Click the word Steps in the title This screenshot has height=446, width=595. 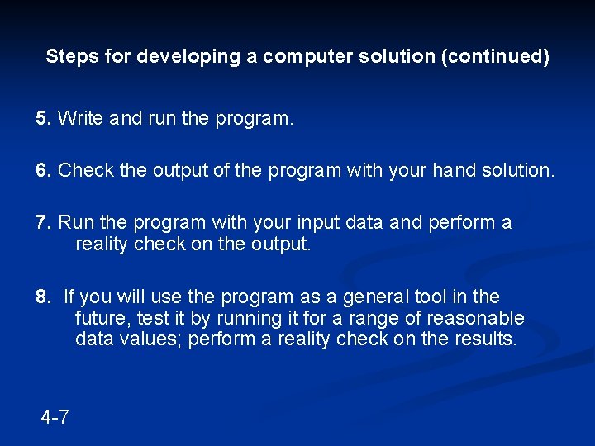pyautogui.click(x=68, y=57)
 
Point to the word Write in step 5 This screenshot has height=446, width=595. pyautogui.click(x=80, y=119)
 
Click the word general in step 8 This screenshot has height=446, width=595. pyautogui.click(x=378, y=297)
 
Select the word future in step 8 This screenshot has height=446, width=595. pyautogui.click(x=100, y=318)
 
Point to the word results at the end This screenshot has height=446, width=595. pyautogui.click(x=484, y=339)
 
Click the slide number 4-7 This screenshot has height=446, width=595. pyautogui.click(x=55, y=417)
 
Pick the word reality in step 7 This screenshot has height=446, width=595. pyautogui.click(x=102, y=244)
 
